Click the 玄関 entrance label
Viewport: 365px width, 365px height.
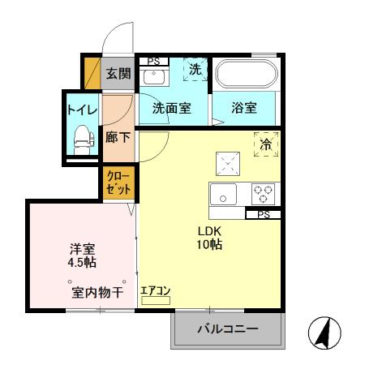pyautogui.click(x=118, y=75)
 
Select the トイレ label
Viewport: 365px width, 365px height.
pyautogui.click(x=82, y=108)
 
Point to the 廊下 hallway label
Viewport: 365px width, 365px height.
pyautogui.click(x=118, y=136)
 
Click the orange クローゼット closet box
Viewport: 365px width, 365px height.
pyautogui.click(x=118, y=182)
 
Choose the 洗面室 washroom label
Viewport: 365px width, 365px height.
pyautogui.click(x=171, y=107)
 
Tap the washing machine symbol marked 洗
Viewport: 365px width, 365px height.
pyautogui.click(x=195, y=71)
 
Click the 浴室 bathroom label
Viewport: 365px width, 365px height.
pyautogui.click(x=244, y=107)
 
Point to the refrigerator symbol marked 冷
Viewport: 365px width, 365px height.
pyautogui.click(x=265, y=144)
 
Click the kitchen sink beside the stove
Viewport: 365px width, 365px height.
pyautogui.click(x=225, y=195)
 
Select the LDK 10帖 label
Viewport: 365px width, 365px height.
pyautogui.click(x=209, y=238)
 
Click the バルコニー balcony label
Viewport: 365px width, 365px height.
pyautogui.click(x=228, y=330)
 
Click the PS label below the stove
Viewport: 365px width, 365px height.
pyautogui.click(x=263, y=215)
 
